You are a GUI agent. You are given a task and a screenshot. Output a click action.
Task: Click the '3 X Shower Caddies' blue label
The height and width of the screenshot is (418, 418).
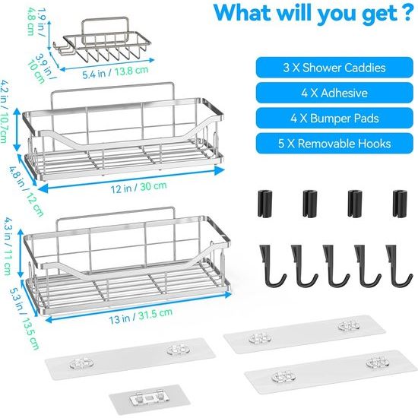coord(334,68)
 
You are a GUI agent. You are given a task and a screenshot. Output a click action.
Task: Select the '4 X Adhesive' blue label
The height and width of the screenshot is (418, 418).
coord(334,93)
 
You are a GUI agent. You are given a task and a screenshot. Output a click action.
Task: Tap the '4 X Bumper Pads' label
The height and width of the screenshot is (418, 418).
coord(334,118)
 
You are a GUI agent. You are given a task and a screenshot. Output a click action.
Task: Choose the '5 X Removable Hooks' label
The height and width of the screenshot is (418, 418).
coord(334,144)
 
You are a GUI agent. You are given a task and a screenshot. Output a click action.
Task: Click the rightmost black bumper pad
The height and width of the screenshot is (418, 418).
coord(400,203)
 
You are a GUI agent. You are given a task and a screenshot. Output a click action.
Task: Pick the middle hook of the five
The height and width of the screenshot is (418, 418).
coord(335,266)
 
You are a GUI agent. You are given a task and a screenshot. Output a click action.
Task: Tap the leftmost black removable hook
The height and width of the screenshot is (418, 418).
coord(271,266)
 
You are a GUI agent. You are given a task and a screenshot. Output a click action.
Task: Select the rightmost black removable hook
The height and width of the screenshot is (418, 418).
coord(398,266)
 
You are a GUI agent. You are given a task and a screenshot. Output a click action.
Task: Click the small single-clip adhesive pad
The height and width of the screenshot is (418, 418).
coord(149,399)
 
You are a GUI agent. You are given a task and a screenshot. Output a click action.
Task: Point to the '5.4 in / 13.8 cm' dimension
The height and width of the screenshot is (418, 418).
coord(116,72)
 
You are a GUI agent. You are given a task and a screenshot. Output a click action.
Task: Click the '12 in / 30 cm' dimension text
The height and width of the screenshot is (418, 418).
coord(138,187)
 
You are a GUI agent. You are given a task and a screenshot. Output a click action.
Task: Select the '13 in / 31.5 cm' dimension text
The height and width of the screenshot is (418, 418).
coord(141,316)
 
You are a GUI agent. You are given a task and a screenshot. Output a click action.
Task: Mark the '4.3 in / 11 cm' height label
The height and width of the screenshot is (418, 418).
coord(8,245)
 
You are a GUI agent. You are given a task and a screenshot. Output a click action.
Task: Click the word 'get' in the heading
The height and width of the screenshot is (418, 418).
coord(380,14)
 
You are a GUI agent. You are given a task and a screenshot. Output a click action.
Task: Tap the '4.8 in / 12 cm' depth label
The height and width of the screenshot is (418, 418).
coord(27,191)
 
